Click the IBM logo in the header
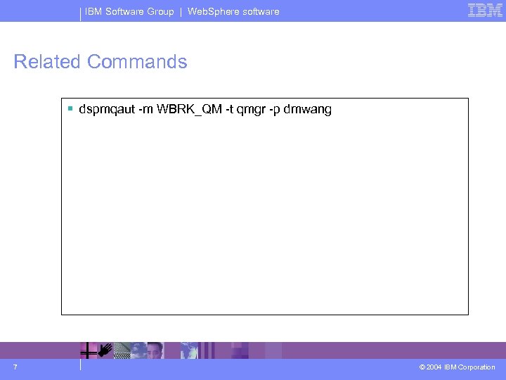point(485,11)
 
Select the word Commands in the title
point(137,62)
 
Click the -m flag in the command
point(145,110)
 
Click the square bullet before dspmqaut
point(71,109)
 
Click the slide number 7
point(15,367)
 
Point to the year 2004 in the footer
point(435,367)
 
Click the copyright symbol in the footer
point(422,367)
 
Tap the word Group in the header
point(160,11)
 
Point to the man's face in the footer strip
point(155,350)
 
